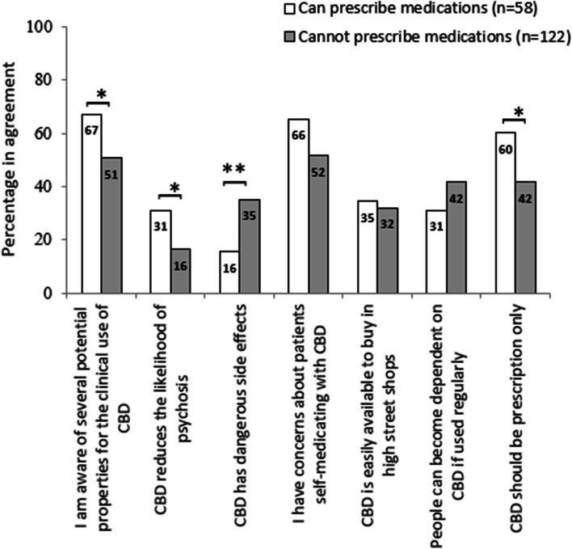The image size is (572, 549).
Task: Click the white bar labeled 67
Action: (91, 203)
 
